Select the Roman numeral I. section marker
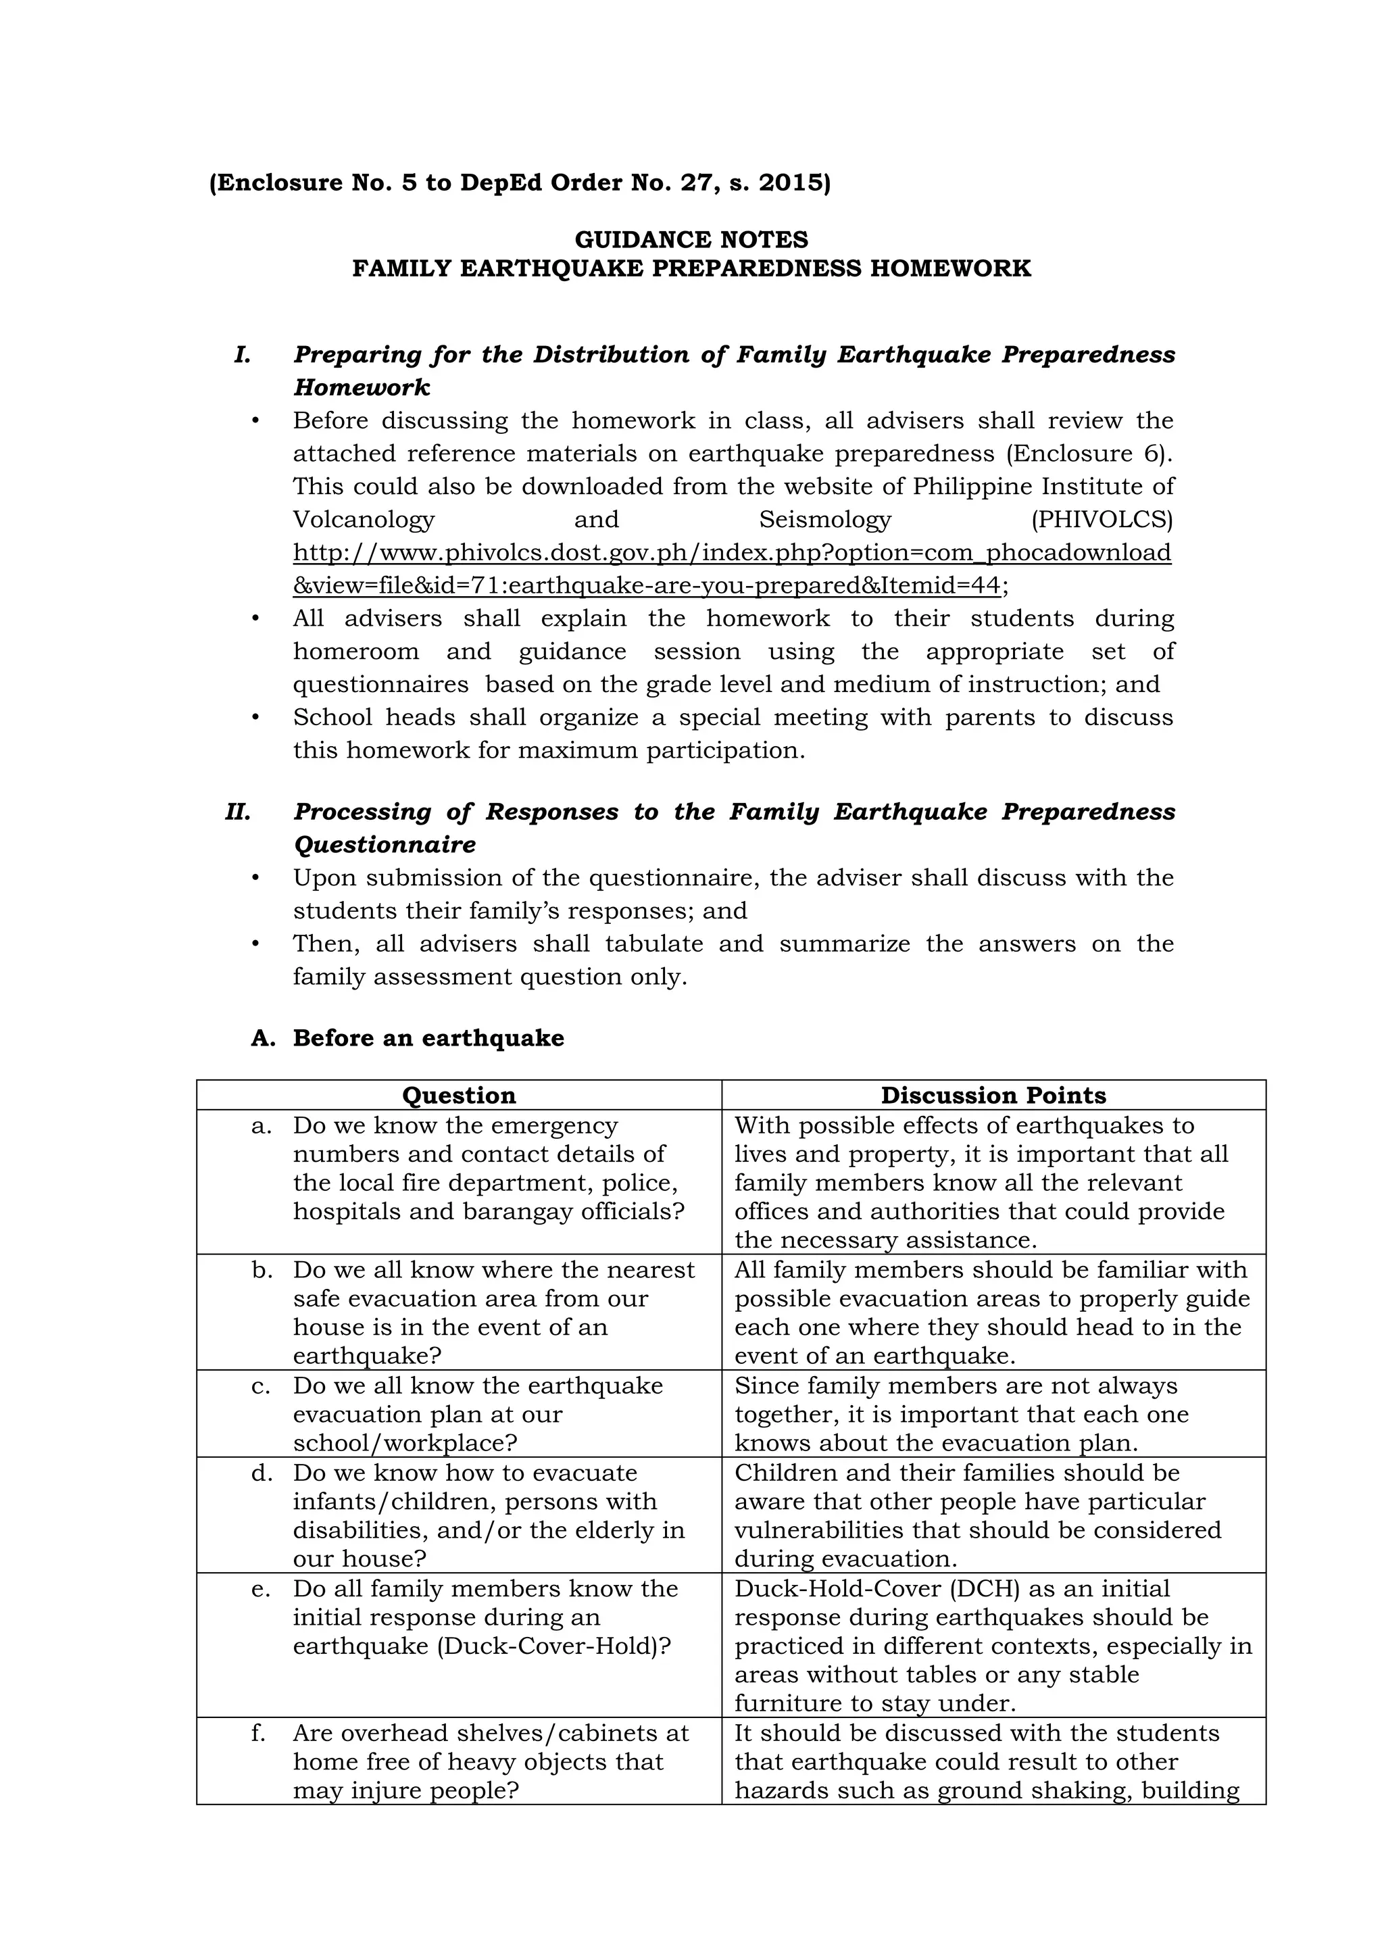242,355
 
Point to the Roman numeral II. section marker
238,812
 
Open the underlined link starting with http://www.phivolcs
732,553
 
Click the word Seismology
824,519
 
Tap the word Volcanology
364,519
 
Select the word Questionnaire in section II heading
385,845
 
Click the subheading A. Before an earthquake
407,1038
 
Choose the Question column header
459,1095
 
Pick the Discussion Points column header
993,1095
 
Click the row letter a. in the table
262,1126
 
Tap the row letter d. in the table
262,1473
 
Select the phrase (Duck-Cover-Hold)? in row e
554,1646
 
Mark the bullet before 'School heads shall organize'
255,718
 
